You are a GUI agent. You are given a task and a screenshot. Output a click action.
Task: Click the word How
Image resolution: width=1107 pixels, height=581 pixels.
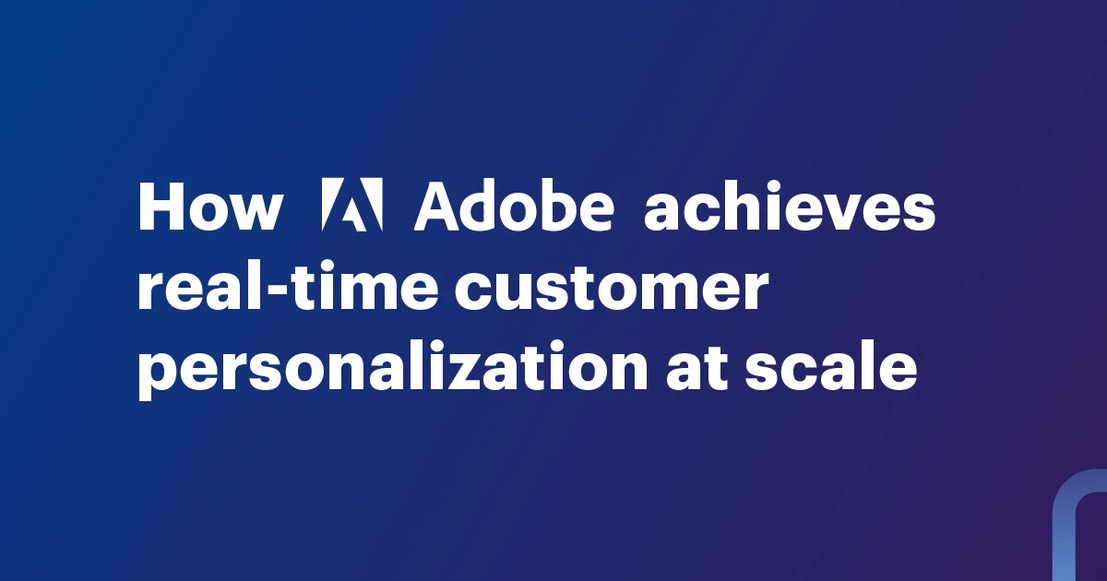pos(211,207)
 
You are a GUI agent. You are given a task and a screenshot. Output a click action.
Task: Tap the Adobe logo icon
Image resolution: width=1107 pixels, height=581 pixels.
pos(351,205)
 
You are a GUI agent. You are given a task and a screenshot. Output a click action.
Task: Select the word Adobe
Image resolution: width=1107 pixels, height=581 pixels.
pos(514,206)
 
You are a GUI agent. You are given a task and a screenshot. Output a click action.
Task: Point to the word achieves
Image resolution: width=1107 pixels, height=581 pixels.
pos(790,206)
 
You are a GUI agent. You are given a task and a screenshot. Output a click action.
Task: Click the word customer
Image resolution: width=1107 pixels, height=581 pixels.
pos(611,287)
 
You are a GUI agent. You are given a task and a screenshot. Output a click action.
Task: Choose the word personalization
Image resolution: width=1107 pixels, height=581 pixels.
pos(393,370)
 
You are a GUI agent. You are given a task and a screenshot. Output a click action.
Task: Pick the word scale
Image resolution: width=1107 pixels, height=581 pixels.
pos(831,366)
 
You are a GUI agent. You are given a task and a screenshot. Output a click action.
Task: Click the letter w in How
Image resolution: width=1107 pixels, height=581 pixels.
pos(255,212)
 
